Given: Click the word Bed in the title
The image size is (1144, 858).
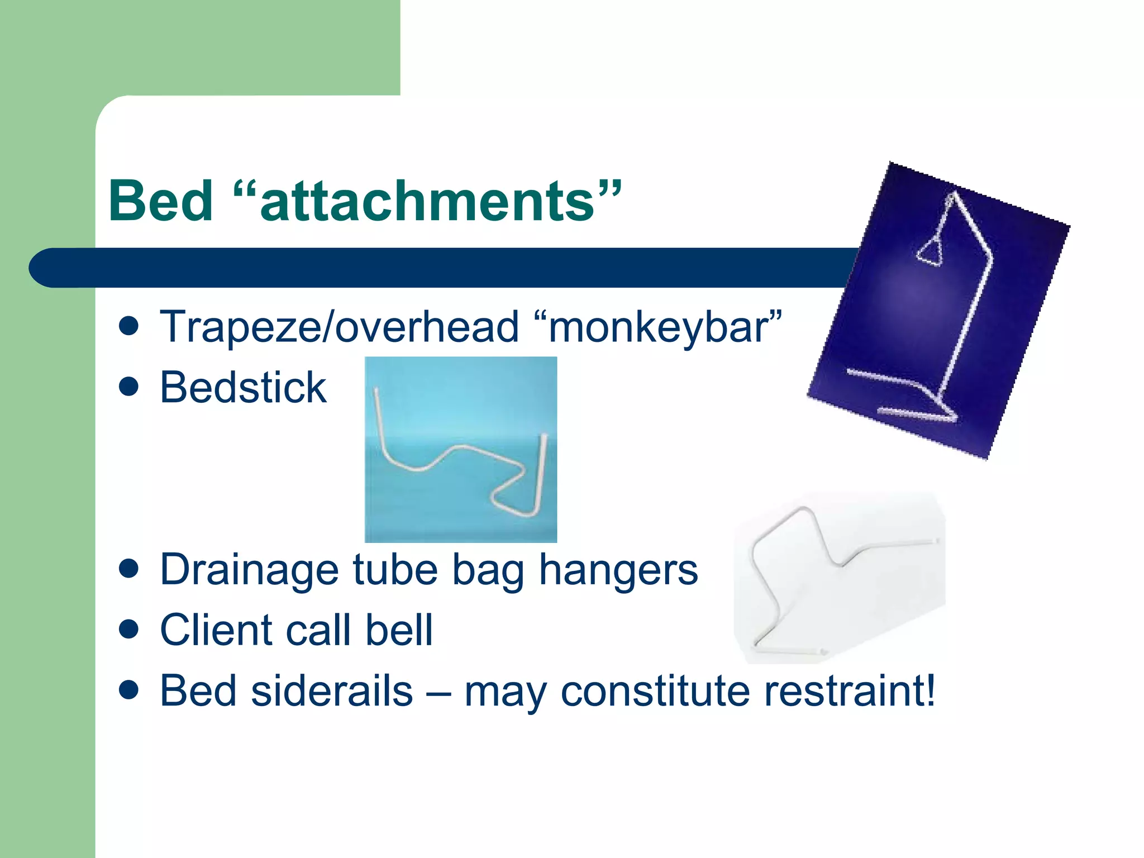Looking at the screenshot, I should [161, 201].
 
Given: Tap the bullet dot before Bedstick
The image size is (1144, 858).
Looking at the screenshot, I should [128, 387].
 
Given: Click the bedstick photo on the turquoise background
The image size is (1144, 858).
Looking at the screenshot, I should [460, 449].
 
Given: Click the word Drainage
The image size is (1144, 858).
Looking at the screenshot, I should [250, 570].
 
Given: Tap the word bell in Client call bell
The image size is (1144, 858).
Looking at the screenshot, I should [399, 630].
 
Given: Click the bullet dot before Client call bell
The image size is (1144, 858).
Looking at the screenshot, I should [128, 630].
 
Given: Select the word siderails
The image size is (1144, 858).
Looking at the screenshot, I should [332, 691].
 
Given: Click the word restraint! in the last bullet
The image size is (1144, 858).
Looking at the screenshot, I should [850, 691].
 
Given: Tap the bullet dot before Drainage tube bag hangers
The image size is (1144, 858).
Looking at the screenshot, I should [128, 569].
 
